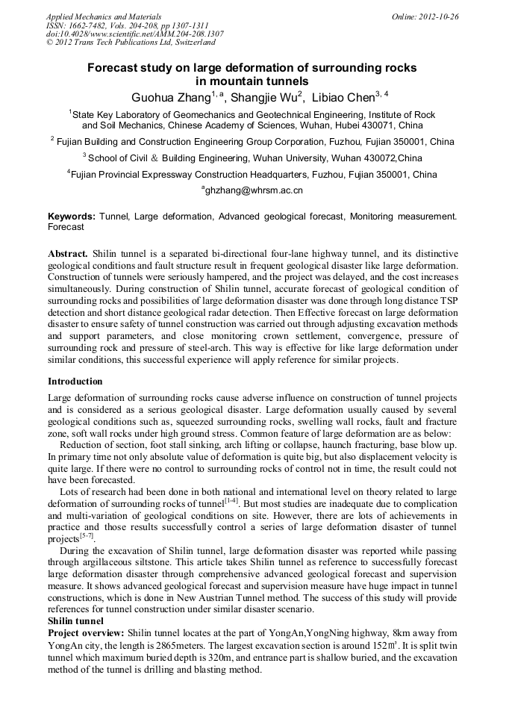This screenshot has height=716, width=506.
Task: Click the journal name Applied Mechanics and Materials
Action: tap(103, 16)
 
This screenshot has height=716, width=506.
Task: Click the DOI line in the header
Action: tap(134, 34)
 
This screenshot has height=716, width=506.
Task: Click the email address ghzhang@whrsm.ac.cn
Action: tap(254, 191)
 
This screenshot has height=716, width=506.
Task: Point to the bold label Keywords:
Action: tap(72, 216)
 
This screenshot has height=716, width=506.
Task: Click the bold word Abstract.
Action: tap(68, 254)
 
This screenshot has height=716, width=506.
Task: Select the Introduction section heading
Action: tap(75, 382)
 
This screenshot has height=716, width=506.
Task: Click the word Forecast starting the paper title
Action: tap(111, 68)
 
